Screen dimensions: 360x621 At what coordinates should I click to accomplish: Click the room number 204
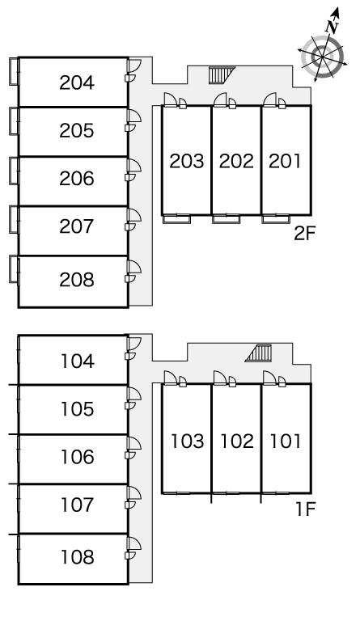click(x=77, y=82)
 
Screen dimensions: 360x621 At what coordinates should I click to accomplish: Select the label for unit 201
click(x=285, y=161)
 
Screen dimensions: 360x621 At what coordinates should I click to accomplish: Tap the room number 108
click(x=77, y=557)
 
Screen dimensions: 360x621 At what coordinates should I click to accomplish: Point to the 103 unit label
click(x=187, y=441)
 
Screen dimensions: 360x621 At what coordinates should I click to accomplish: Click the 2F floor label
click(x=304, y=234)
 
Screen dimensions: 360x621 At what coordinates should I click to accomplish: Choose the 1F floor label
click(x=305, y=509)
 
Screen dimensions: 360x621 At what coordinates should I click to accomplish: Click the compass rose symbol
click(x=323, y=57)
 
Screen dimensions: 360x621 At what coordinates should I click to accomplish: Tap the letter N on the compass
click(x=332, y=27)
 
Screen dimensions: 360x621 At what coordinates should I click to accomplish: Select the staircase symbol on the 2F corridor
click(x=222, y=75)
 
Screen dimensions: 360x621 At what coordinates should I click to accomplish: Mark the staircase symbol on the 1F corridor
click(x=259, y=353)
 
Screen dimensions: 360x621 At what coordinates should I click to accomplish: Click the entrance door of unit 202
click(x=220, y=99)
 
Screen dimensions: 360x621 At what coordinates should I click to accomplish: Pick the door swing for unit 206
click(x=134, y=166)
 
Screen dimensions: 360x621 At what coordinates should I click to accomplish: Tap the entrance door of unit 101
click(x=269, y=378)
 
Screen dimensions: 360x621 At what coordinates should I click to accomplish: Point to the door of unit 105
click(x=134, y=395)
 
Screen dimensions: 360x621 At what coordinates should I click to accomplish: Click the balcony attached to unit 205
click(x=14, y=121)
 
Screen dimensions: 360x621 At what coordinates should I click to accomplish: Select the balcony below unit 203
click(x=176, y=219)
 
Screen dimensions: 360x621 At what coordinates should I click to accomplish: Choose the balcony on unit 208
click(x=14, y=269)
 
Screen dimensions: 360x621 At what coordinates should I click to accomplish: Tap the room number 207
click(x=77, y=226)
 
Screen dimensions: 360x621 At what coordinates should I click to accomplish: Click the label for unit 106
click(x=77, y=457)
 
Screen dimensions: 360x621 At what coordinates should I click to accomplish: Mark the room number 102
click(x=237, y=441)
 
